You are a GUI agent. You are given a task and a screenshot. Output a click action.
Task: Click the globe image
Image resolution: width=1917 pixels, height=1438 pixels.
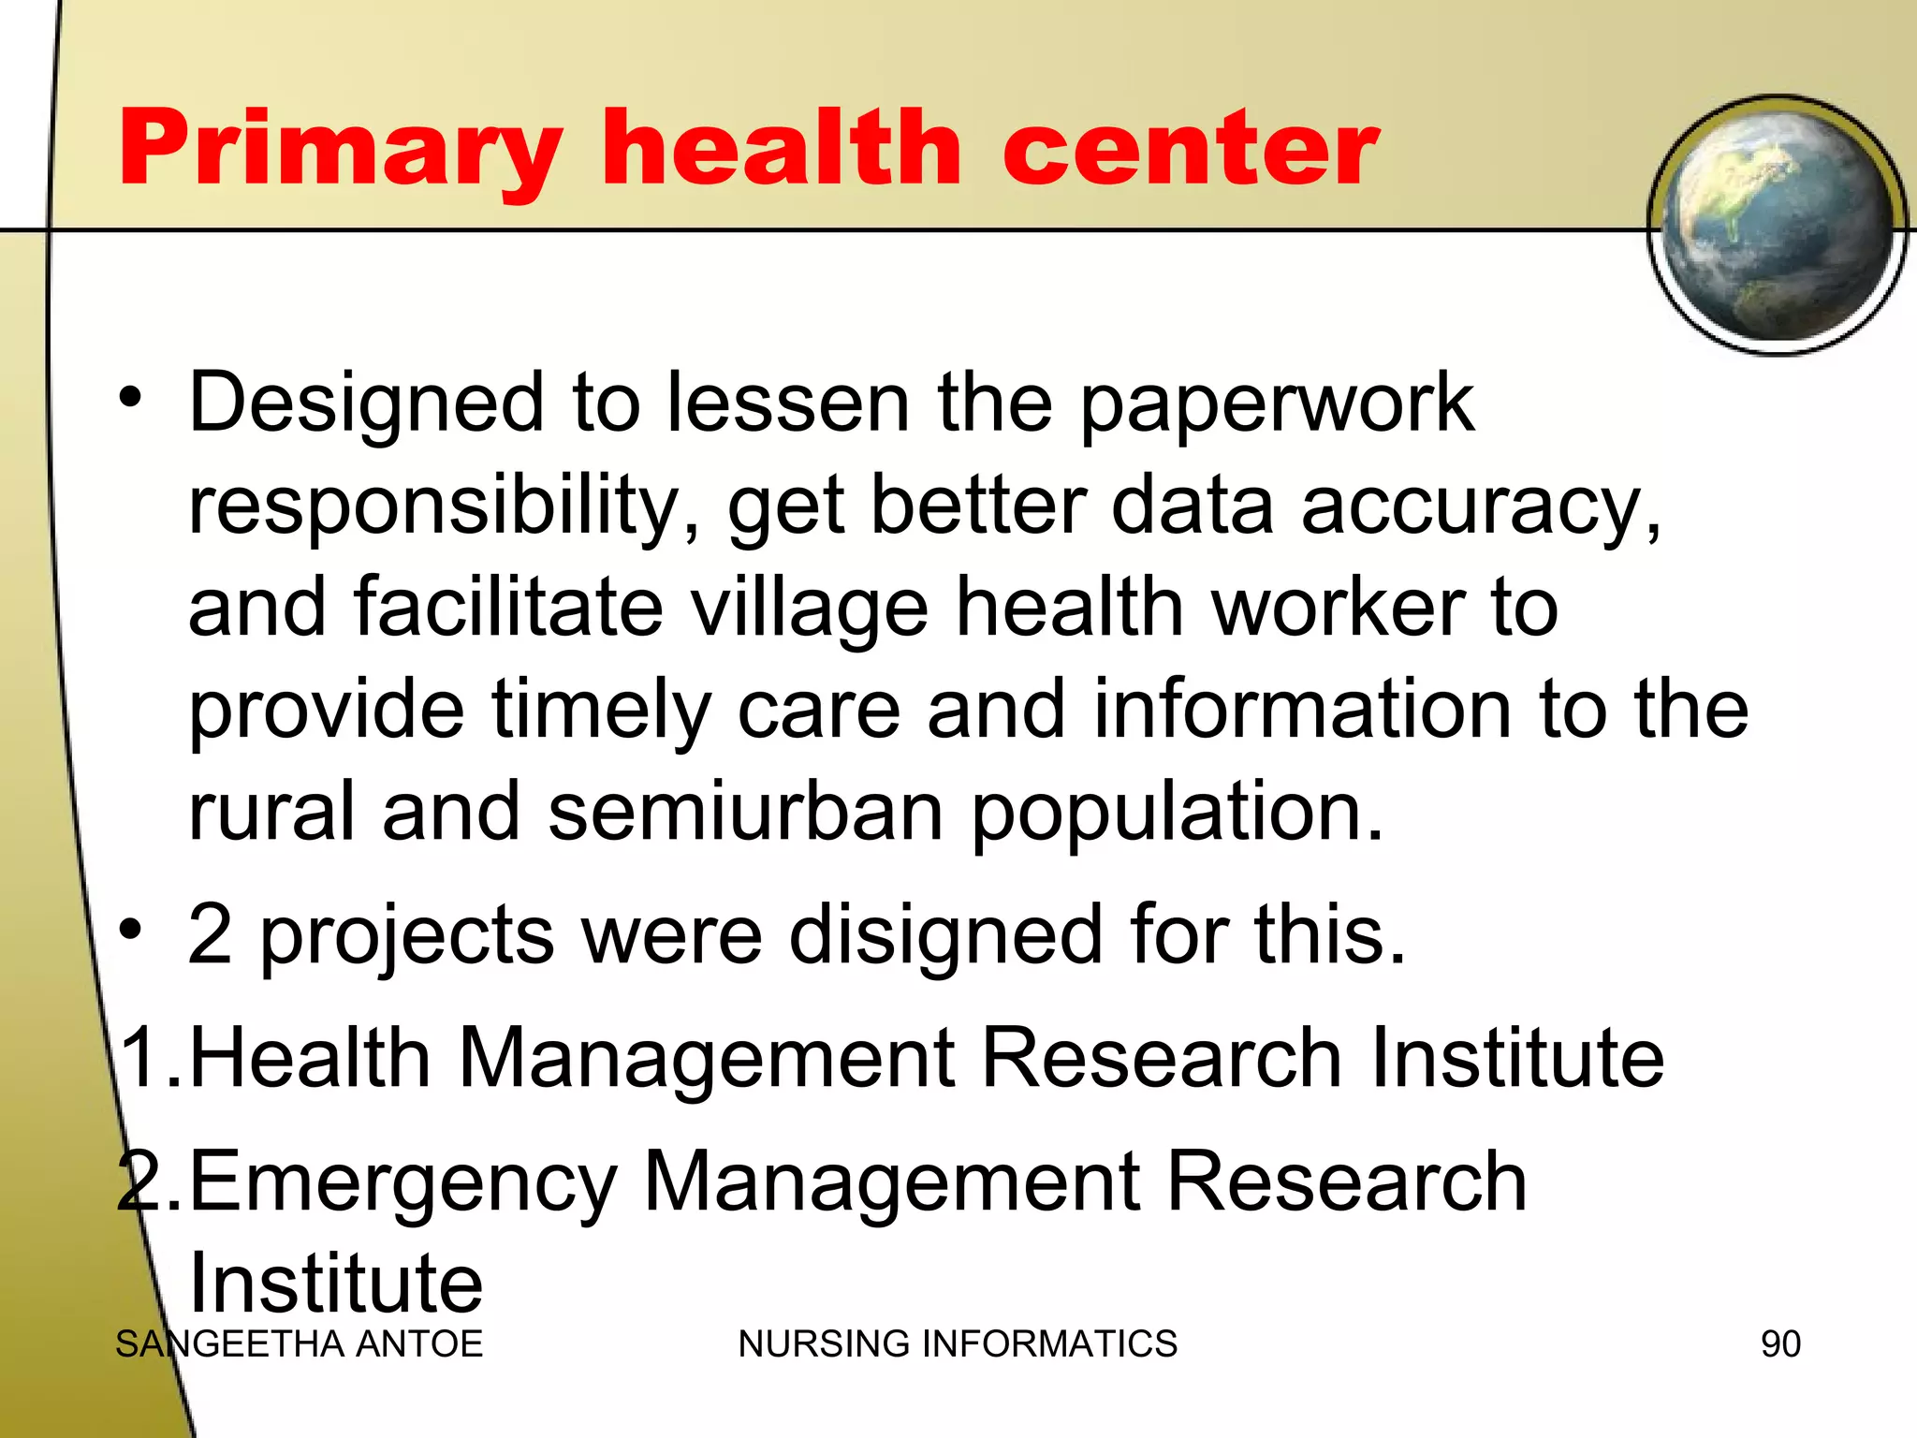click(x=1777, y=225)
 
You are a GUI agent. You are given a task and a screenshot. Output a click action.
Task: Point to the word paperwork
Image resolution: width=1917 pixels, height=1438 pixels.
click(x=1277, y=404)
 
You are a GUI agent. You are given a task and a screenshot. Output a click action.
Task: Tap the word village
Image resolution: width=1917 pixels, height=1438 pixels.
click(x=810, y=609)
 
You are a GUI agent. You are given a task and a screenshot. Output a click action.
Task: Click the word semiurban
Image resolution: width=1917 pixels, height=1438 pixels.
click(x=745, y=812)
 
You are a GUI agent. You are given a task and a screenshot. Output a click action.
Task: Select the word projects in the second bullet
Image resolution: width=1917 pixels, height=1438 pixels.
click(x=407, y=936)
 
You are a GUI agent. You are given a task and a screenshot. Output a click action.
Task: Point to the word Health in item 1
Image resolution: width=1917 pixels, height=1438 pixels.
click(x=310, y=1058)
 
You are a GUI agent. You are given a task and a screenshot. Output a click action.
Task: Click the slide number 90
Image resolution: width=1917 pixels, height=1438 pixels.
click(x=1780, y=1344)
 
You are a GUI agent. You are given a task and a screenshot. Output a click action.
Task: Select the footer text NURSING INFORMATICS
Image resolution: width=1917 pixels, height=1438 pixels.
click(x=958, y=1344)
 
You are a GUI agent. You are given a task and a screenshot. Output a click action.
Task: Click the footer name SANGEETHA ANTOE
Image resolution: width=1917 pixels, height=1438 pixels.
click(x=299, y=1344)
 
